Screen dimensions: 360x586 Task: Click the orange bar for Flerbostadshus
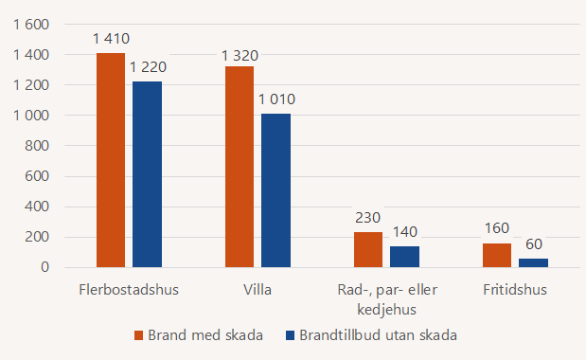click(x=111, y=160)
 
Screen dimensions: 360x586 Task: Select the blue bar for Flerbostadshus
click(x=147, y=174)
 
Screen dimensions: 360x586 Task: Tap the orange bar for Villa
click(x=240, y=167)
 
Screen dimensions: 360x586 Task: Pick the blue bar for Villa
click(x=275, y=190)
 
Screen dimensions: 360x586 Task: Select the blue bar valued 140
click(x=404, y=257)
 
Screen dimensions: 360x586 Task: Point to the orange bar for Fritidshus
click(x=497, y=255)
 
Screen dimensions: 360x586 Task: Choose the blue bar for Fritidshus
click(x=533, y=262)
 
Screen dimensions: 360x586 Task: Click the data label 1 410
click(x=111, y=39)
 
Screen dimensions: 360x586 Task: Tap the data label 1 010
click(x=275, y=99)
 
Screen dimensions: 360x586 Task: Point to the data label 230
click(x=368, y=217)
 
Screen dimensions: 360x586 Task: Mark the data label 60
click(x=533, y=243)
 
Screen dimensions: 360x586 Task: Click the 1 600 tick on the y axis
click(x=30, y=25)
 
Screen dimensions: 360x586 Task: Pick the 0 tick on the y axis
click(x=44, y=267)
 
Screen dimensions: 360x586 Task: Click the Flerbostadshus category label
click(x=129, y=289)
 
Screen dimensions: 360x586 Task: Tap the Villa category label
click(x=257, y=289)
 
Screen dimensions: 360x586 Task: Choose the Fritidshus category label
click(x=515, y=289)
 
